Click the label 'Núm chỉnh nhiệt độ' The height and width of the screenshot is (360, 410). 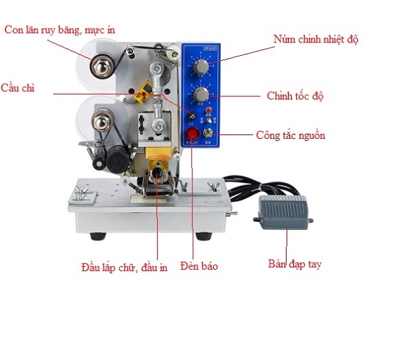316,38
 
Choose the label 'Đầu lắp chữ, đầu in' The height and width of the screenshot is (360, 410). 124,266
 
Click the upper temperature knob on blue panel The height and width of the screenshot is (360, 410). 199,68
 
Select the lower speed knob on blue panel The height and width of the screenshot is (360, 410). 199,96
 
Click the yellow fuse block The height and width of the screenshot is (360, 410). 145,93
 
